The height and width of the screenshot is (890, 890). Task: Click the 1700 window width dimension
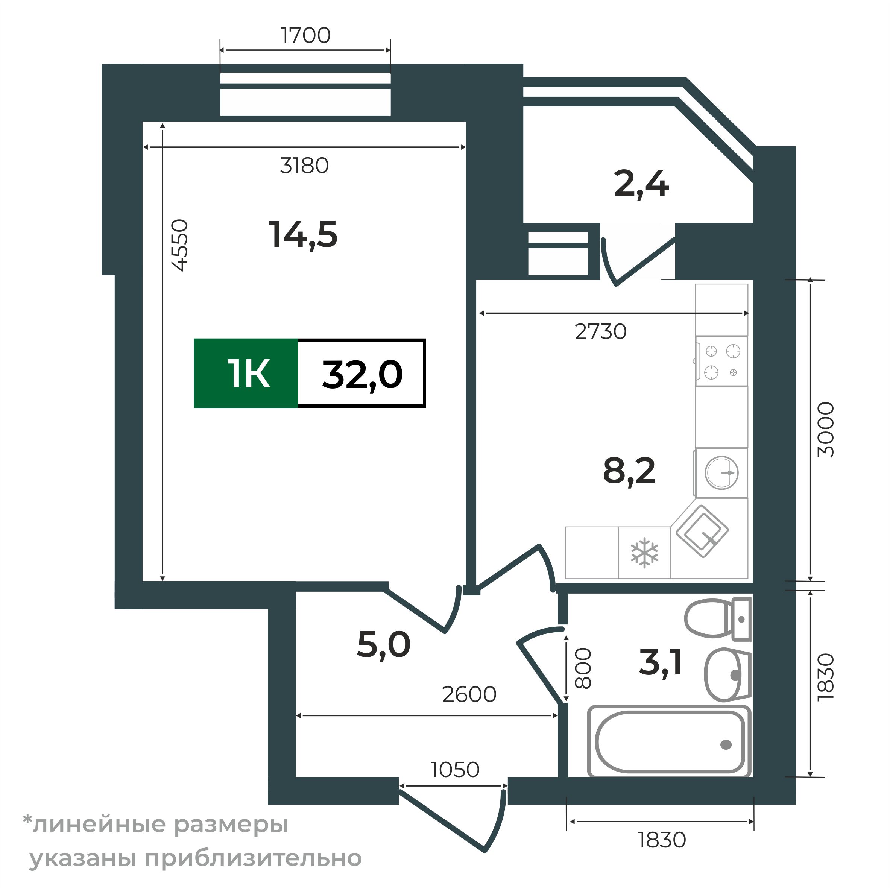[x=305, y=35]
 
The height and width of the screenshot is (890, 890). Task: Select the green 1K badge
[x=246, y=374]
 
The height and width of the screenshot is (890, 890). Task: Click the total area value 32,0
[x=362, y=375]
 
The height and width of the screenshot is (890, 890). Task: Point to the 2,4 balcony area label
[x=641, y=184]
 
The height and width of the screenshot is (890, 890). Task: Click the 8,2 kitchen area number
[x=629, y=472]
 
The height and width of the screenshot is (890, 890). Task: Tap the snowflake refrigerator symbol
[x=644, y=552]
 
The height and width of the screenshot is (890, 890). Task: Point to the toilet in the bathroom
[x=717, y=618]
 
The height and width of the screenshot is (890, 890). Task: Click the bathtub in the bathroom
[x=669, y=742]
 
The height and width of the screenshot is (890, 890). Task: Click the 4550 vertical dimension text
[x=180, y=245]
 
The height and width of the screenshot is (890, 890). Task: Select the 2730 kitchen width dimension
[x=601, y=332]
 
